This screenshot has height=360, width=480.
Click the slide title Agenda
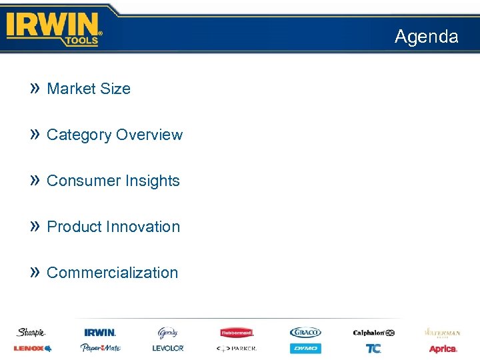tap(426, 37)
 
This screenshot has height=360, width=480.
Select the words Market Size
tap(89, 89)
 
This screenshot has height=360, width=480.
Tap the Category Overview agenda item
tap(115, 135)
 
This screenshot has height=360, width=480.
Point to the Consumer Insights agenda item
tap(113, 181)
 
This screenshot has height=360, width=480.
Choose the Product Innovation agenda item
tap(113, 227)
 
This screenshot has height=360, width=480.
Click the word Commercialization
tap(113, 273)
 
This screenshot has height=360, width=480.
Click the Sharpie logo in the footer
tap(31, 332)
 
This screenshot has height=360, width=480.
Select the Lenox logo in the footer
tap(32, 348)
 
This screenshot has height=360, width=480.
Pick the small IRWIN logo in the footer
tap(100, 332)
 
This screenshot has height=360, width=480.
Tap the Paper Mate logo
tap(100, 348)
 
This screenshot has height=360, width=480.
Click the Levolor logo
tap(167, 348)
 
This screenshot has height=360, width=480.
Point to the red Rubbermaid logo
tap(237, 332)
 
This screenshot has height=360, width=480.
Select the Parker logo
tap(236, 348)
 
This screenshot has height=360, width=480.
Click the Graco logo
tap(305, 332)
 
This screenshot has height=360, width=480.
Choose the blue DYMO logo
tap(305, 348)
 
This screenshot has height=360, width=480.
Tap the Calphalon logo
tap(373, 332)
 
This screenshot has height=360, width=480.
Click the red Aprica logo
tap(443, 349)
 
